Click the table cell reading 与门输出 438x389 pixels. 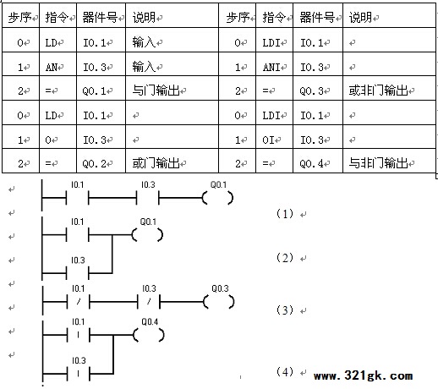[172, 88]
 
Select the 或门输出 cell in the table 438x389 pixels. [172, 161]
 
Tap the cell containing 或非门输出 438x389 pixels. [389, 88]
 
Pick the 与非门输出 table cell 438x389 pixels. [389, 161]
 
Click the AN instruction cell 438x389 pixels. [57, 64]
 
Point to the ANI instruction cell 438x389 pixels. [274, 64]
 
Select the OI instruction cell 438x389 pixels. [274, 137]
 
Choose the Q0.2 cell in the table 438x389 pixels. [101, 161]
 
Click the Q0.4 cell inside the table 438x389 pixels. [318, 161]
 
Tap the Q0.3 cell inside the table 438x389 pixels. [318, 88]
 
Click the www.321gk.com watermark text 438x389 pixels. [363, 375]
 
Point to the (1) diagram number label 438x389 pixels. [285, 213]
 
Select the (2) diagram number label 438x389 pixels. [285, 258]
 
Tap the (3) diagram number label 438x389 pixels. [285, 310]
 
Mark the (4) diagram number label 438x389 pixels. [285, 371]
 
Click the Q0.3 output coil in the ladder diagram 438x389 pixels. [219, 302]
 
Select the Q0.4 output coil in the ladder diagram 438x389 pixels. [149, 335]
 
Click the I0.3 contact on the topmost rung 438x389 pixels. [147, 198]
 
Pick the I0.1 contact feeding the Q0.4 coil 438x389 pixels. [78, 335]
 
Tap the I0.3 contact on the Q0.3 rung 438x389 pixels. [149, 302]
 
